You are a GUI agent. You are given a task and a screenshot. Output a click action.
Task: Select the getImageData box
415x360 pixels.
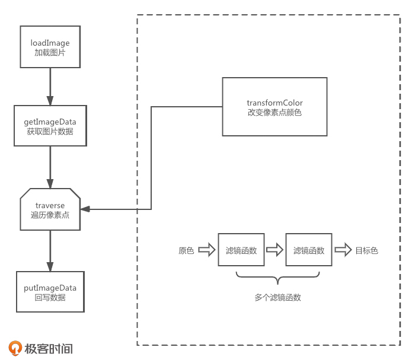[50, 126]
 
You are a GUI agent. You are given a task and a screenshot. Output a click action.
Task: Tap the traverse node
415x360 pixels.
[50, 209]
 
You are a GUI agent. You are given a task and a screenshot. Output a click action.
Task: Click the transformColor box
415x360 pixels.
[274, 107]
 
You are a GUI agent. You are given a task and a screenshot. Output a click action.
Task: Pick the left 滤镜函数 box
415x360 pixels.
[241, 250]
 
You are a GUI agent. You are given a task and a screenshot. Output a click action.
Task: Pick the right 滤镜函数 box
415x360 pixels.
[309, 250]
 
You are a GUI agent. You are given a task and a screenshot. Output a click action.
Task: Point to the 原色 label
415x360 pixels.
[186, 250]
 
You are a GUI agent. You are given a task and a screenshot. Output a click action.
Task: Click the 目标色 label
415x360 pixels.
[366, 250]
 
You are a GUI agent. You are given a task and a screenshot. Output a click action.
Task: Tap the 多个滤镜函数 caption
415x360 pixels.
[277, 297]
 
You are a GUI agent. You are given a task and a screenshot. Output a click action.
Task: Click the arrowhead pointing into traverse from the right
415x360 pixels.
[85, 209]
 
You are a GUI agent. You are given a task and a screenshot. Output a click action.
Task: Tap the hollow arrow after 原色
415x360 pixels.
[206, 250]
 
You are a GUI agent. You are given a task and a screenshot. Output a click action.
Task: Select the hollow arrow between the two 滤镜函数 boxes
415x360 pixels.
[274, 250]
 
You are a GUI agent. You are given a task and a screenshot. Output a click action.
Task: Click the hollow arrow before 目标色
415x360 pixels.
[342, 250]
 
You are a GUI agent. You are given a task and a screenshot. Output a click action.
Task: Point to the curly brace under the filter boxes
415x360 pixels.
[277, 278]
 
